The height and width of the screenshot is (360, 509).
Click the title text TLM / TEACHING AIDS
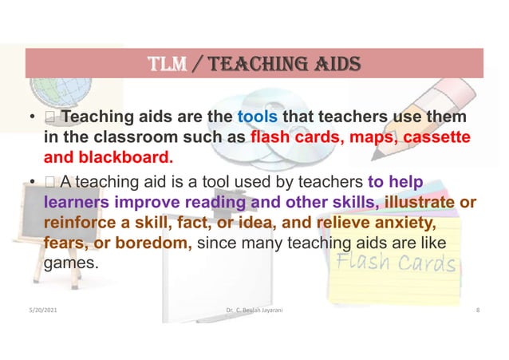coord(254,63)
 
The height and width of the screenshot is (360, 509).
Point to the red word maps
coord(369,137)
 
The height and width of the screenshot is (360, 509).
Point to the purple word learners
coord(77,201)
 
